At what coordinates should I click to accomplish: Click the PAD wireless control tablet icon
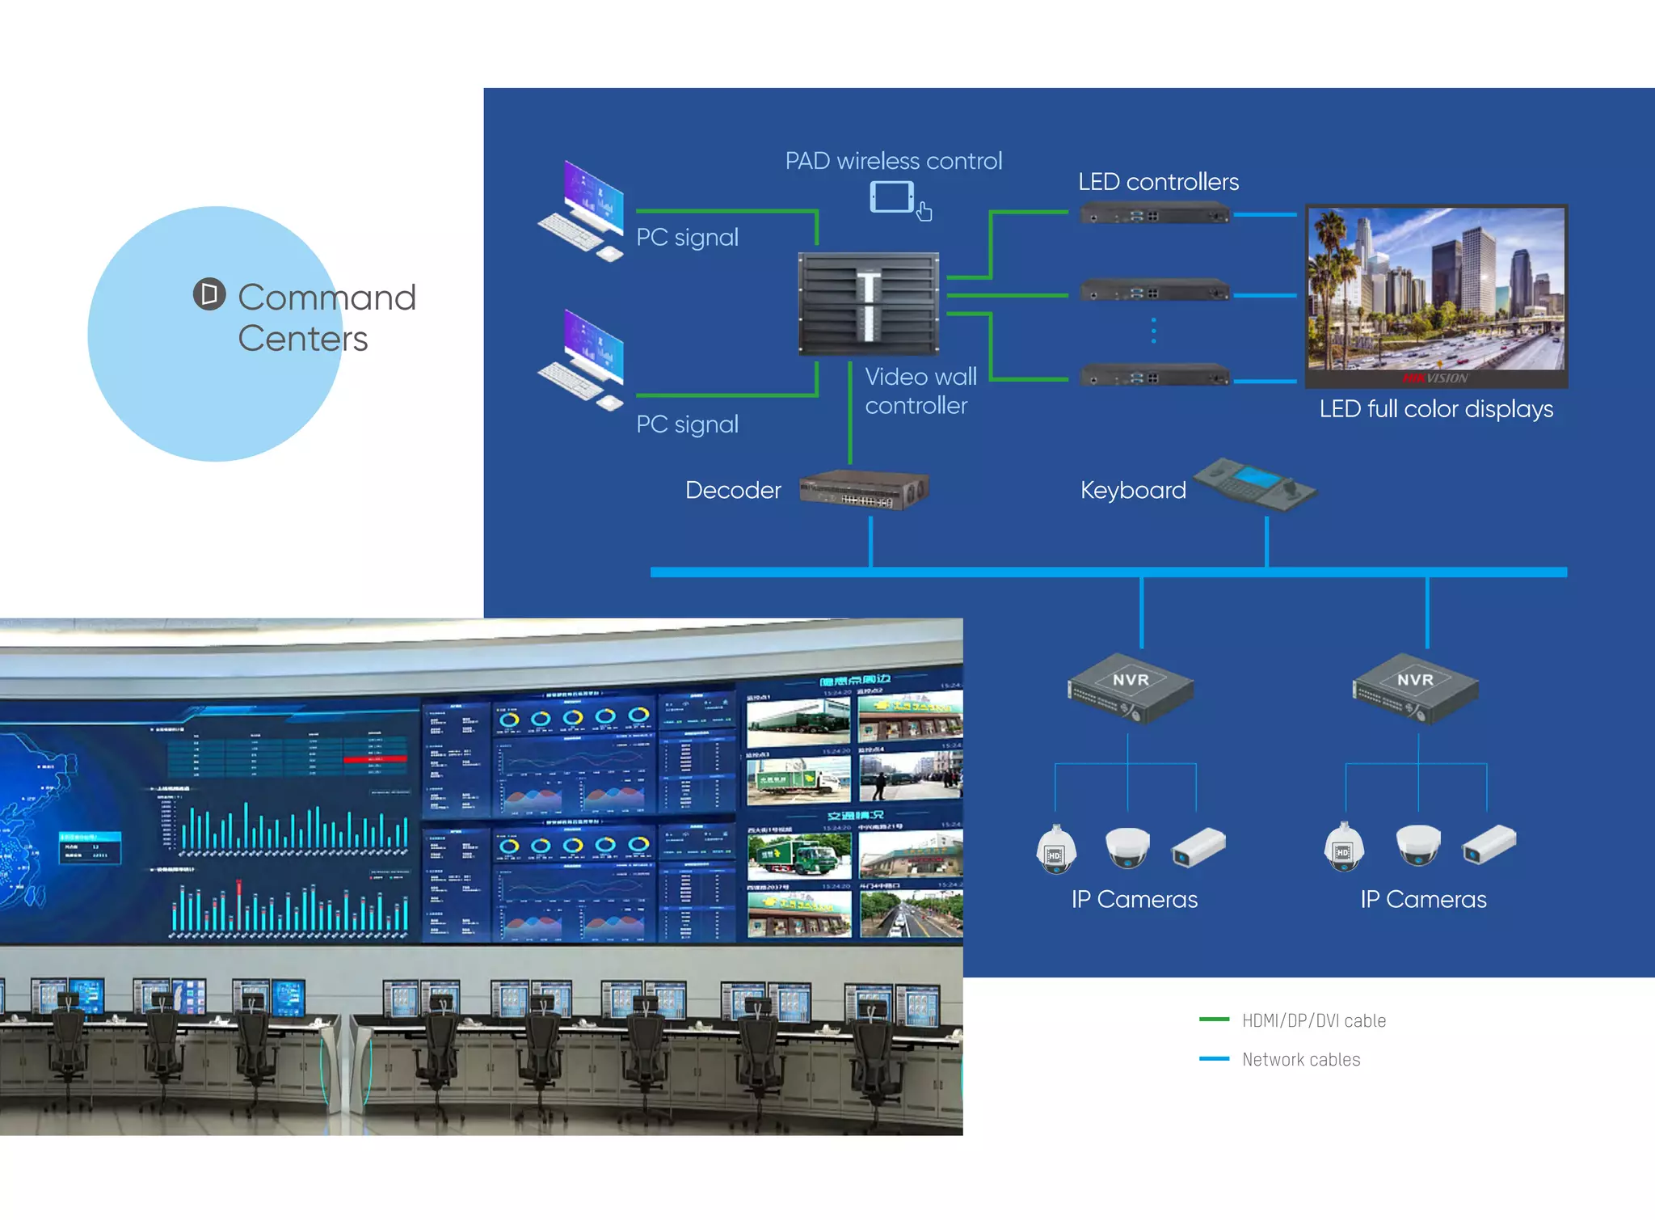click(892, 197)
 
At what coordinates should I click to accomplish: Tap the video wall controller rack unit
click(869, 303)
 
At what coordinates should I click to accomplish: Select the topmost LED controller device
click(1155, 215)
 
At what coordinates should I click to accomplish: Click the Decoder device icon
click(863, 489)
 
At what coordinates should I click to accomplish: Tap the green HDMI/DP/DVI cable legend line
click(1214, 1019)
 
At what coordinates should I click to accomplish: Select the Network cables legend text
click(1300, 1059)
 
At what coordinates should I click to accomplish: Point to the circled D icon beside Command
click(209, 294)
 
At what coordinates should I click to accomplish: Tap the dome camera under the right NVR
click(1417, 845)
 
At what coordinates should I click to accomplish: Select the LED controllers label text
click(1157, 182)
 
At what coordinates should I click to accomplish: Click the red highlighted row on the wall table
click(375, 759)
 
